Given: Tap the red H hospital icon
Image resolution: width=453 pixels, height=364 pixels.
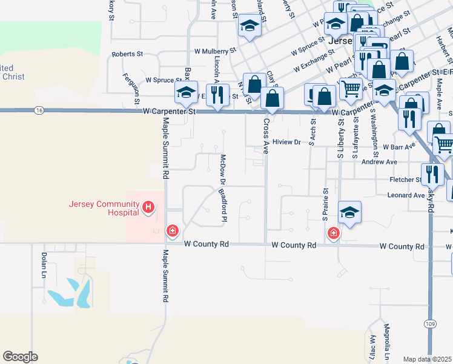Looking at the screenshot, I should (x=148, y=208).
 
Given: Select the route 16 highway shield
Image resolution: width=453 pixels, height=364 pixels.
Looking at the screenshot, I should (x=39, y=110).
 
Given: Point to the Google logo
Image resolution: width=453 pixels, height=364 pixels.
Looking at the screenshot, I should (x=20, y=357).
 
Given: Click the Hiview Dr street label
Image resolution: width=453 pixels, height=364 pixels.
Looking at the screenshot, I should (x=286, y=142).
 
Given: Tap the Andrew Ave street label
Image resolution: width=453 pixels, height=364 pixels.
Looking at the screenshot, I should (x=379, y=162).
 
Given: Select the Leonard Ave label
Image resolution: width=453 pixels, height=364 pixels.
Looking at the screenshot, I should (x=407, y=195).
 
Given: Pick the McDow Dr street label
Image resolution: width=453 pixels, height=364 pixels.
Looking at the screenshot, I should (x=222, y=169).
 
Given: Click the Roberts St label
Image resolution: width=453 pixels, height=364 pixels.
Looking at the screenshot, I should (x=127, y=54).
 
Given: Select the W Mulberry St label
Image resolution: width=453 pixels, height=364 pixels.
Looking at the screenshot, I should (x=214, y=52).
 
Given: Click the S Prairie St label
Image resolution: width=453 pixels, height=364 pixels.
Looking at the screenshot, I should (x=326, y=203).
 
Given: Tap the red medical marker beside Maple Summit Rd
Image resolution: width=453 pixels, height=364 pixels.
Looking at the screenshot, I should (x=173, y=231).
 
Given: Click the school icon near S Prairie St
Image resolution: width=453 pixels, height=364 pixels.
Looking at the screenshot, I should (x=349, y=213).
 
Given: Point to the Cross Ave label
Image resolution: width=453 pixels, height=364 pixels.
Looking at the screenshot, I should (x=266, y=135).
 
